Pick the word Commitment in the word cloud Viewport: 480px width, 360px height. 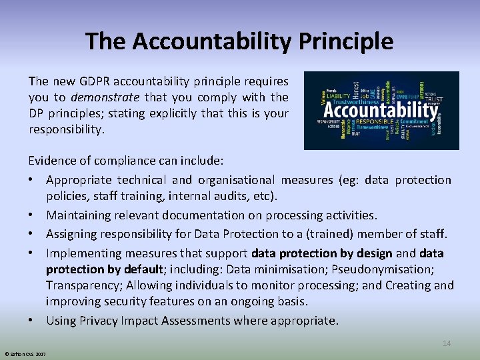[x=414, y=121]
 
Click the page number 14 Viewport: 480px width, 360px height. [x=447, y=343]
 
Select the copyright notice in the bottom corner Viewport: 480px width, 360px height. [x=23, y=353]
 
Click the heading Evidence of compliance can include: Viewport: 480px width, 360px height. [x=125, y=161]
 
